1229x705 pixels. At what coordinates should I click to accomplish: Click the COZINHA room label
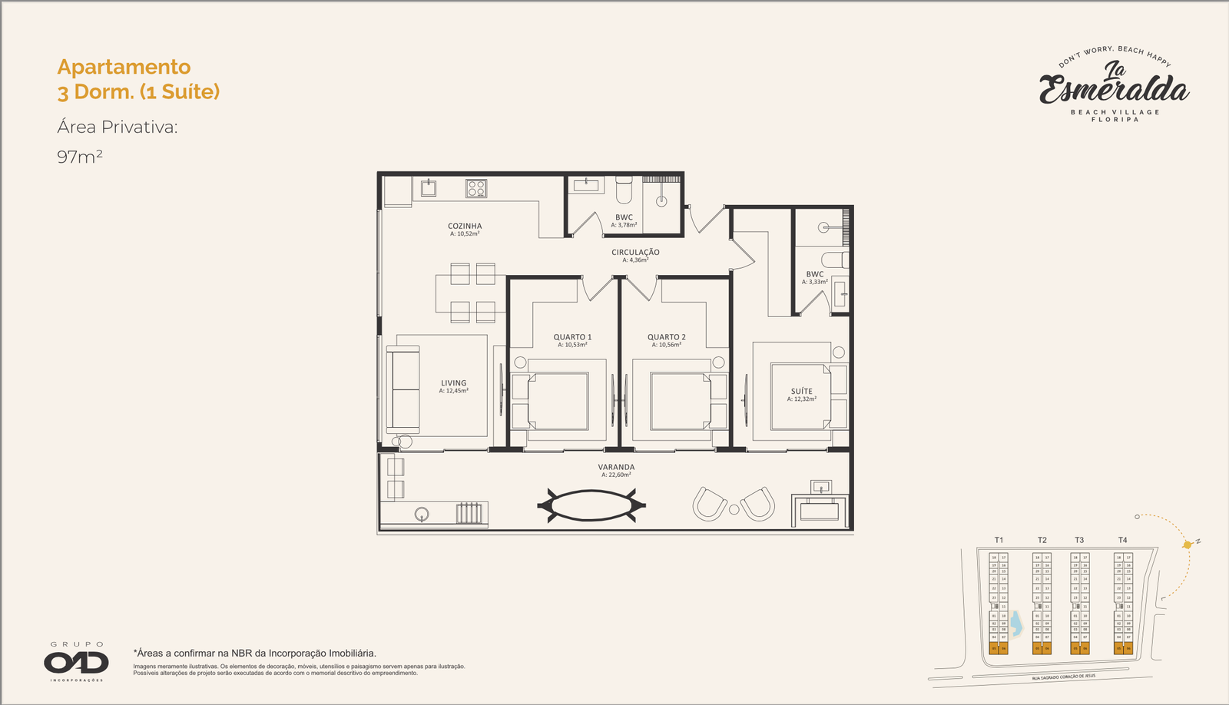[x=465, y=227]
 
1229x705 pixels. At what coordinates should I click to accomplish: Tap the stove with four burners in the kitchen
[x=475, y=188]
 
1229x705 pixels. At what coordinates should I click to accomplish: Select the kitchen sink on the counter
[x=426, y=187]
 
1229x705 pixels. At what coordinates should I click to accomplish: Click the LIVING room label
[x=453, y=383]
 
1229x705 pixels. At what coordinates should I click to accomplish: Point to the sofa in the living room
[x=402, y=389]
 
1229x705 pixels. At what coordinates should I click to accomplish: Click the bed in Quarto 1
[x=558, y=401]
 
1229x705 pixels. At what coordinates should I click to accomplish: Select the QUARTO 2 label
[x=666, y=337]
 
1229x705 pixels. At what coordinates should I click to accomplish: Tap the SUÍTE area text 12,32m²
[x=801, y=399]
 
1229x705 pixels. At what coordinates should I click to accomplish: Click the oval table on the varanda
[x=591, y=505]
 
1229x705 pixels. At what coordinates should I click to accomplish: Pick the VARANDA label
[x=616, y=467]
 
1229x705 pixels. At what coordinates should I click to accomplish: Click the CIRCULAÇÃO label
[x=635, y=252]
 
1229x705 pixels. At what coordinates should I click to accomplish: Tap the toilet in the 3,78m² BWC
[x=624, y=188]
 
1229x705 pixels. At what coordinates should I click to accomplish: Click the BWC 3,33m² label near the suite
[x=814, y=274]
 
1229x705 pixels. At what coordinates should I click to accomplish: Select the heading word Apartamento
[x=124, y=67]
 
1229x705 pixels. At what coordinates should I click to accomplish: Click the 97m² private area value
[x=80, y=157]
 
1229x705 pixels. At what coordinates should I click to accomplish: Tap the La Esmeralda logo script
[x=1114, y=84]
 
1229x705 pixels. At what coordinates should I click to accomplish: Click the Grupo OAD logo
[x=76, y=662]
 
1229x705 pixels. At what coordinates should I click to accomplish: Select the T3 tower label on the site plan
[x=1079, y=540]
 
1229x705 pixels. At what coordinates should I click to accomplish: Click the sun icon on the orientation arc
[x=1188, y=544]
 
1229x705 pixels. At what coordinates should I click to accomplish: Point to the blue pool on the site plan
[x=1015, y=624]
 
